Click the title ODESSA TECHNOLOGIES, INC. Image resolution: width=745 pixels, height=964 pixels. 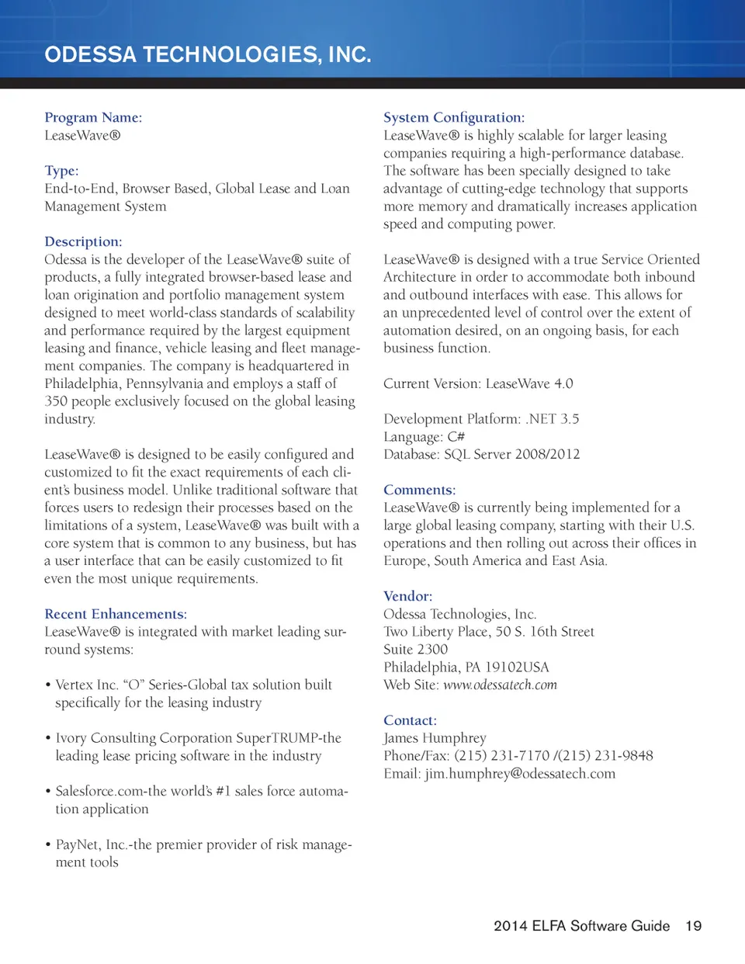[x=208, y=54]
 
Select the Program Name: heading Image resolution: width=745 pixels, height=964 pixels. [x=93, y=117]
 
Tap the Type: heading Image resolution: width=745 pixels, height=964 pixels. [x=61, y=171]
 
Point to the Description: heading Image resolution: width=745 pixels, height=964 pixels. [x=83, y=241]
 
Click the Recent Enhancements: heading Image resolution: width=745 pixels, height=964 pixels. [x=116, y=614]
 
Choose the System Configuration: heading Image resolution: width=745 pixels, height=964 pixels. [x=454, y=117]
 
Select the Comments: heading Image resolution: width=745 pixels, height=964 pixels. [x=420, y=490]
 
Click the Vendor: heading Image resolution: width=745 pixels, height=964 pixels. [x=408, y=596]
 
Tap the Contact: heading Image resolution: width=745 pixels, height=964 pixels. [x=411, y=720]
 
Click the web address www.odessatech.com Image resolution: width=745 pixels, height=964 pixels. [x=500, y=685]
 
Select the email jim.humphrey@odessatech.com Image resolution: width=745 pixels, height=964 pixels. [x=520, y=774]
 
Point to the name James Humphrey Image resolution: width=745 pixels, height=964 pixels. [x=435, y=738]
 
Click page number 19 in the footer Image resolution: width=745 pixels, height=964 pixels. [x=693, y=926]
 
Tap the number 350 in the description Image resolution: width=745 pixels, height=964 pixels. [x=56, y=401]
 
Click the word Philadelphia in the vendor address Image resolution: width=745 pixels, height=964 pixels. [x=420, y=668]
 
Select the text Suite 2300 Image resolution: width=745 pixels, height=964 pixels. [x=415, y=650]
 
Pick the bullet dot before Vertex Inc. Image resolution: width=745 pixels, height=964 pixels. [x=48, y=685]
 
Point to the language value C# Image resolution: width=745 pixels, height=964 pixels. [x=456, y=437]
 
